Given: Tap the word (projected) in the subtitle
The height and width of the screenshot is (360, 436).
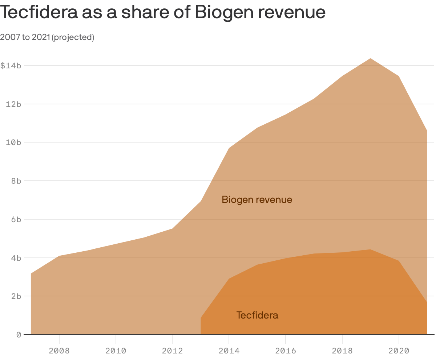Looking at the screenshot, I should tap(73, 37).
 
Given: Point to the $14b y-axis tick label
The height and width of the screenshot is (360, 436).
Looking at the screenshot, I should tap(11, 66).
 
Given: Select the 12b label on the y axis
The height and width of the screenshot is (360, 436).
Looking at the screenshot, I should tap(13, 104).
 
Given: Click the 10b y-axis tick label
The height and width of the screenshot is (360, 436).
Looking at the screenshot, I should tap(13, 142).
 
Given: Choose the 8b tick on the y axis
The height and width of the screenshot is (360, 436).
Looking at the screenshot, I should tap(15, 181).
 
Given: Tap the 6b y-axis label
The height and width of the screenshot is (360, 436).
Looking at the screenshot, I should tap(15, 219).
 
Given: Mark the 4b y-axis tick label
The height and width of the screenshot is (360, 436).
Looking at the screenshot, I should tap(15, 258).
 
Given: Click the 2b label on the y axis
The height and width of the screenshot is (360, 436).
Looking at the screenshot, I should tap(15, 296).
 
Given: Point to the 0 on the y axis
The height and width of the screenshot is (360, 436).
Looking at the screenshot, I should tap(19, 335).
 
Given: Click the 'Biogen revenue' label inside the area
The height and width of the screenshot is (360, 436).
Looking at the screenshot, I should tap(257, 200).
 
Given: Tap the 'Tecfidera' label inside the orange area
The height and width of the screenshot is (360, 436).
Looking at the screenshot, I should tap(257, 315).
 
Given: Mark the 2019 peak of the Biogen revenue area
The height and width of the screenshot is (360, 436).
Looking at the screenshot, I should tap(370, 59).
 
